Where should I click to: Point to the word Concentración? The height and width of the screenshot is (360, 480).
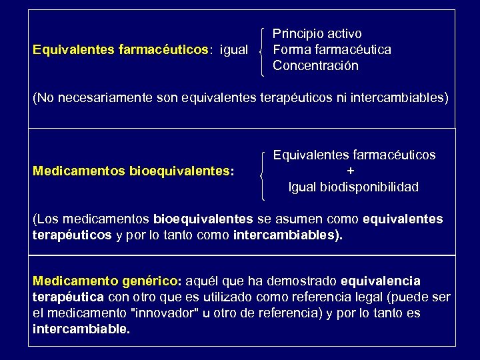coord(315,66)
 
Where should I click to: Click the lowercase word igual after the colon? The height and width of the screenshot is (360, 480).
coord(233,50)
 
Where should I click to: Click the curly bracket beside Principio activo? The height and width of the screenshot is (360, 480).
coord(263,50)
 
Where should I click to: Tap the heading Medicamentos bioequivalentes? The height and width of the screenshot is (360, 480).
coord(133,171)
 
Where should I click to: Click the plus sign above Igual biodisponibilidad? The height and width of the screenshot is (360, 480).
coord(353,171)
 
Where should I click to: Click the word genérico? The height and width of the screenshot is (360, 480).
coord(149,281)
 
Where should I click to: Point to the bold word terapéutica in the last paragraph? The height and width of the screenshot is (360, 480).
coord(67,297)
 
